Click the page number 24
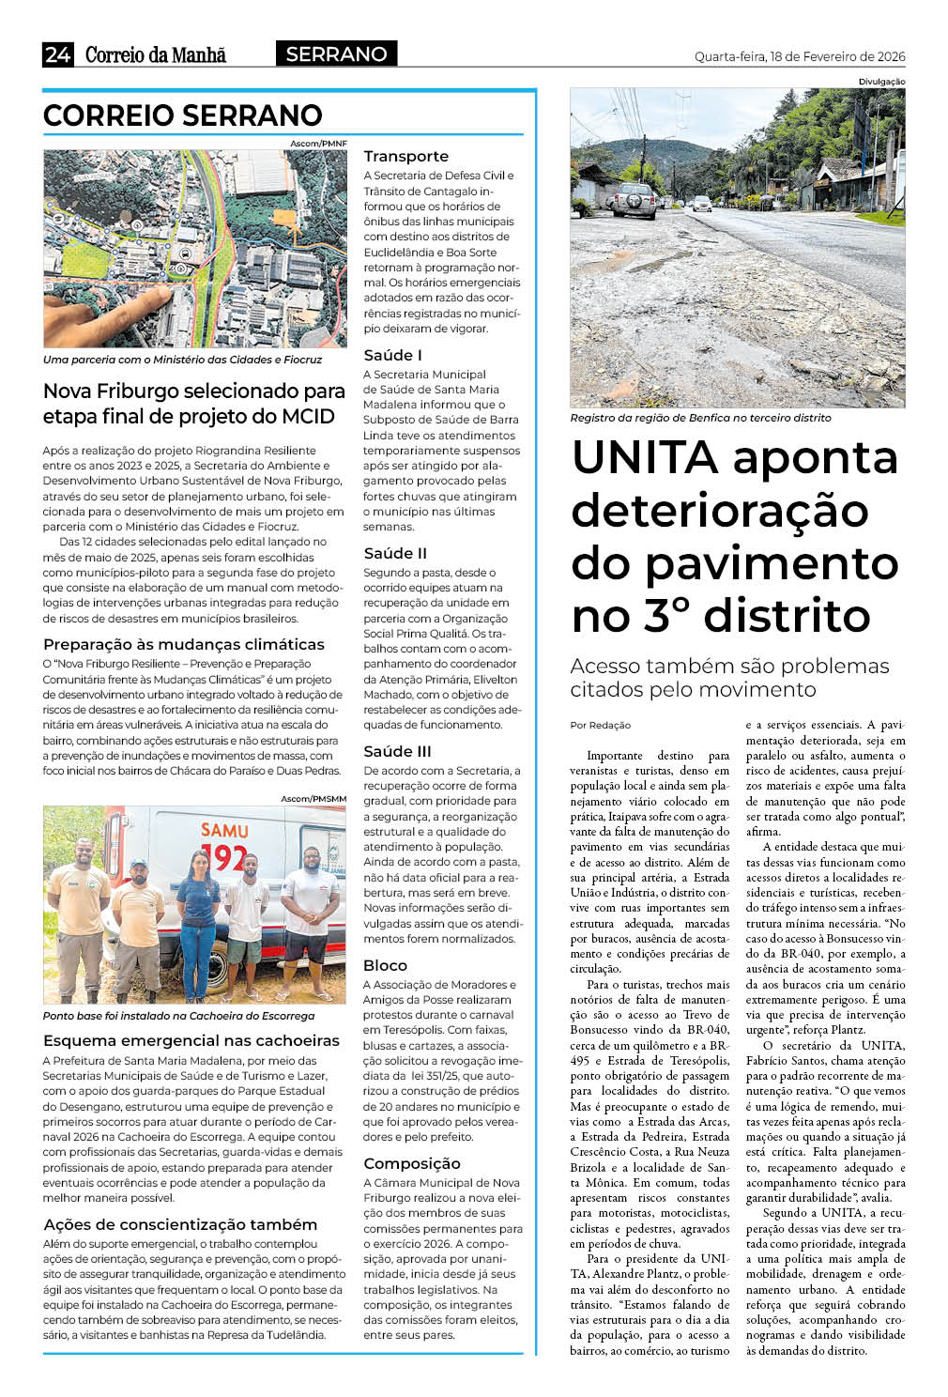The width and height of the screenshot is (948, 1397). pyautogui.click(x=57, y=54)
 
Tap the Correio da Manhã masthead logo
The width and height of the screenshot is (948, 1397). pyautogui.click(x=156, y=54)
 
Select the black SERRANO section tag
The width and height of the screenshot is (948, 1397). pyautogui.click(x=336, y=54)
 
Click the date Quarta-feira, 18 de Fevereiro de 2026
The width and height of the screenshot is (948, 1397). pyautogui.click(x=800, y=56)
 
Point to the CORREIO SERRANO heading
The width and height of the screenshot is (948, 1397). pyautogui.click(x=183, y=115)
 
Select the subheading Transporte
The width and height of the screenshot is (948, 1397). pyautogui.click(x=405, y=156)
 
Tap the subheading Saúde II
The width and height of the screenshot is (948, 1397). pyautogui.click(x=395, y=553)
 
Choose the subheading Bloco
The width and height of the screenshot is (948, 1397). pyautogui.click(x=385, y=965)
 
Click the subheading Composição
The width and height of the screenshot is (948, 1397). pyautogui.click(x=411, y=1163)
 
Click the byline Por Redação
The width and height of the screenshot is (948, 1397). pyautogui.click(x=600, y=725)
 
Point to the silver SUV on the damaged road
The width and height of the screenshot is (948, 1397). pyautogui.click(x=635, y=199)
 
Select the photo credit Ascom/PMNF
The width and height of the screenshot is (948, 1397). pyautogui.click(x=318, y=144)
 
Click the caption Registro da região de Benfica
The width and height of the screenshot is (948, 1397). pyautogui.click(x=700, y=418)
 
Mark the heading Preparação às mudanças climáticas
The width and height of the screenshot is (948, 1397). pyautogui.click(x=184, y=644)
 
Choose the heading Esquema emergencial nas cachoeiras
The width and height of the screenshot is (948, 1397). pyautogui.click(x=191, y=1040)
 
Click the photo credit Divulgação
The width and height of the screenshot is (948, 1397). pyautogui.click(x=881, y=82)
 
